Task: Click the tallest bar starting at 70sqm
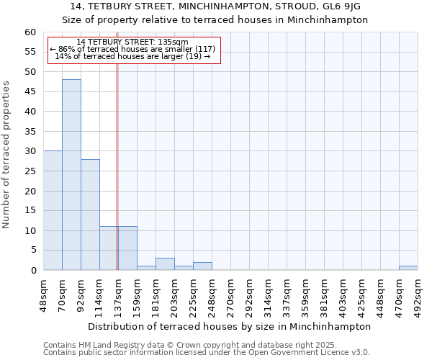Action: pyautogui.click(x=71, y=175)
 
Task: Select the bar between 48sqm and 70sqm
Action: pyautogui.click(x=53, y=210)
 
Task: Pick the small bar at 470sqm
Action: pyautogui.click(x=408, y=268)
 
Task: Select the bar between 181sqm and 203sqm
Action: pyautogui.click(x=165, y=264)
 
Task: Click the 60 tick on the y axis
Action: pyautogui.click(x=30, y=32)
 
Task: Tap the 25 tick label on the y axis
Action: pyautogui.click(x=30, y=171)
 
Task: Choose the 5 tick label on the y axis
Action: pyautogui.click(x=32, y=251)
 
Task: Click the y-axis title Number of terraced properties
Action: pyautogui.click(x=6, y=154)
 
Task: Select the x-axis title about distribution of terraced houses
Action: pyautogui.click(x=230, y=326)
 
